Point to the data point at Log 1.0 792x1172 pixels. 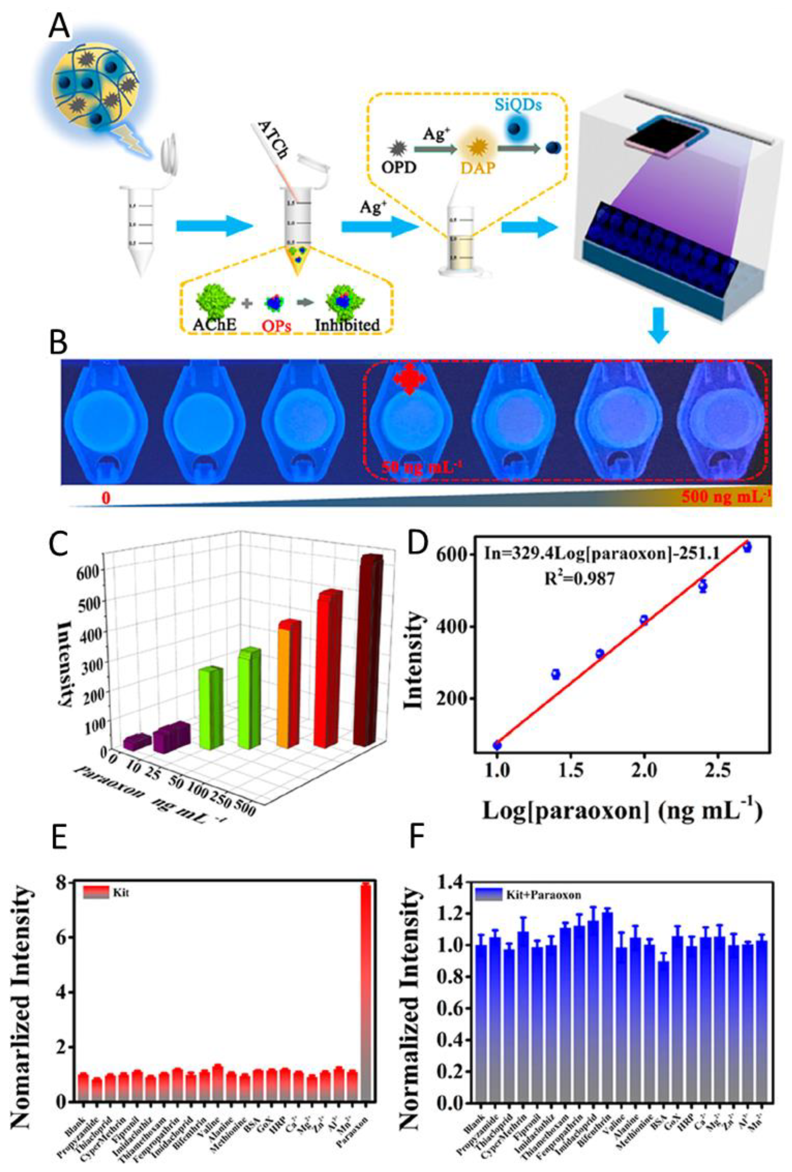coord(497,745)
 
